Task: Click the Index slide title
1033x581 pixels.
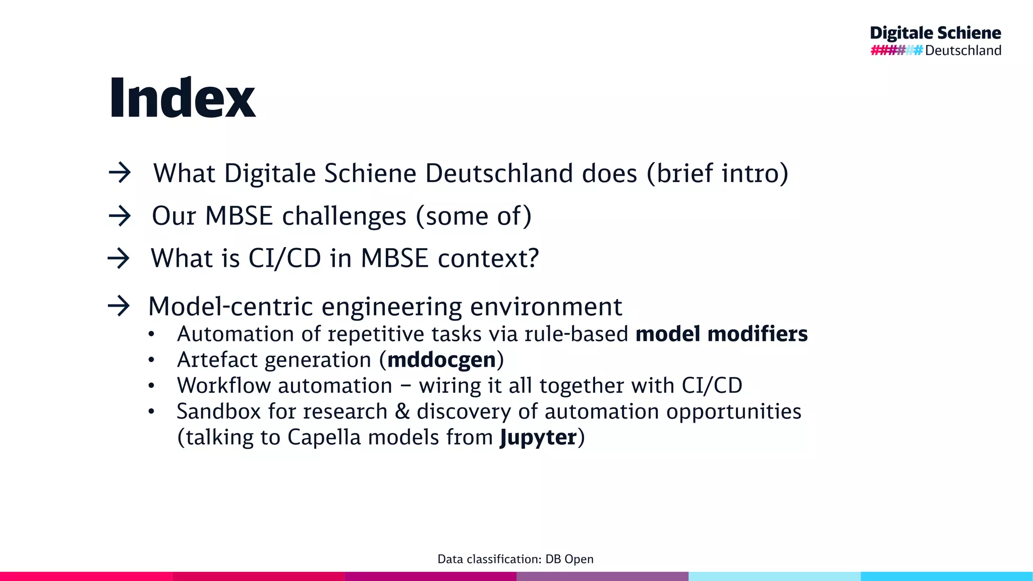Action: point(182,98)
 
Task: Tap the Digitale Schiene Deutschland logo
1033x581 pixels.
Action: point(936,41)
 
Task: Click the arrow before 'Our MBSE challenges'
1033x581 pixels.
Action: point(120,216)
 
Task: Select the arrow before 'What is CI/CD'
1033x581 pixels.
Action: point(119,259)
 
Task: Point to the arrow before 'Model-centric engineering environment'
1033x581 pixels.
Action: point(119,306)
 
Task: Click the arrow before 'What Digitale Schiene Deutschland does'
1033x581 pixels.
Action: point(120,173)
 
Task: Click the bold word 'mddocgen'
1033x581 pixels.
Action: point(441,360)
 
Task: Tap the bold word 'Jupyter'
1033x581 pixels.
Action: point(538,437)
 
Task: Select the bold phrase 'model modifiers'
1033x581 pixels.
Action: point(721,334)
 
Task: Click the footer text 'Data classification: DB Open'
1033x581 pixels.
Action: point(515,559)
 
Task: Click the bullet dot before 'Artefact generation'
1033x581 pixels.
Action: point(151,360)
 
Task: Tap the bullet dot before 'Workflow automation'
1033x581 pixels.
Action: point(151,386)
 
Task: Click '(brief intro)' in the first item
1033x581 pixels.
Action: point(717,173)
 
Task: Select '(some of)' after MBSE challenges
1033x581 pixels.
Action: point(474,216)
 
